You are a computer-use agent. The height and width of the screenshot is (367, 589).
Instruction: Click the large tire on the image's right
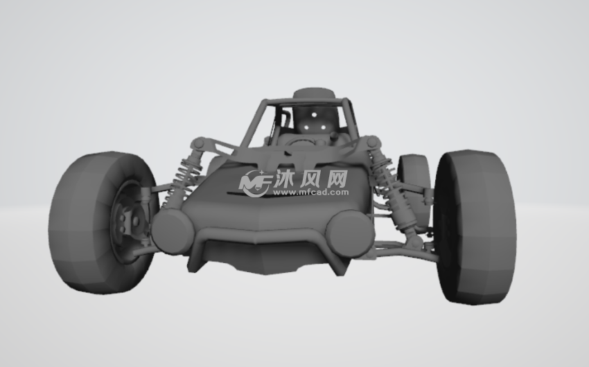475,227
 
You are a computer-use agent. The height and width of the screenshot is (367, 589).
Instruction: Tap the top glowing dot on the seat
314,115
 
